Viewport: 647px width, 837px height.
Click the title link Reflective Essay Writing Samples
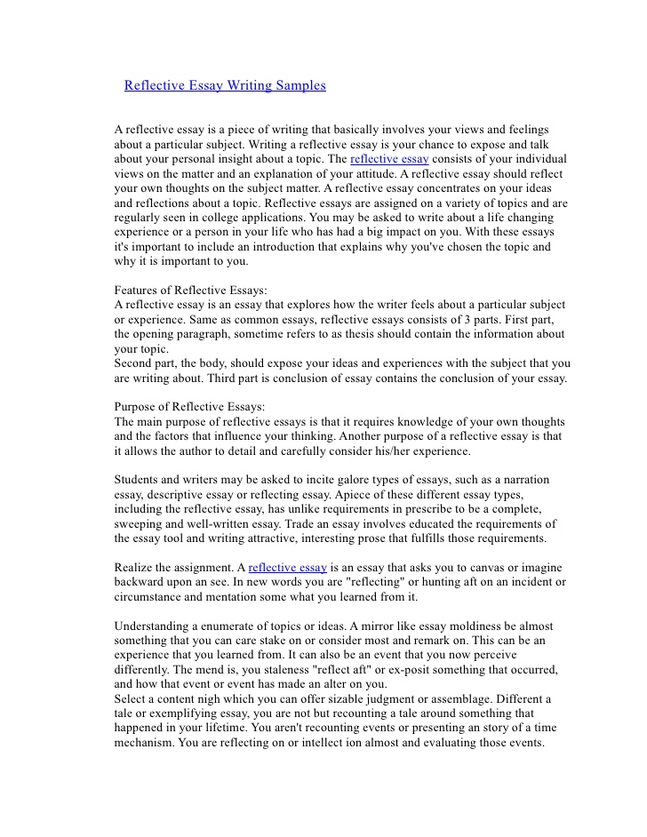[225, 86]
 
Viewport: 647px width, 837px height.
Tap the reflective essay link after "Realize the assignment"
[288, 567]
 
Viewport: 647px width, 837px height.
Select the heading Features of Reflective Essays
[191, 291]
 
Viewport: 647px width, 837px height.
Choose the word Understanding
[155, 625]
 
